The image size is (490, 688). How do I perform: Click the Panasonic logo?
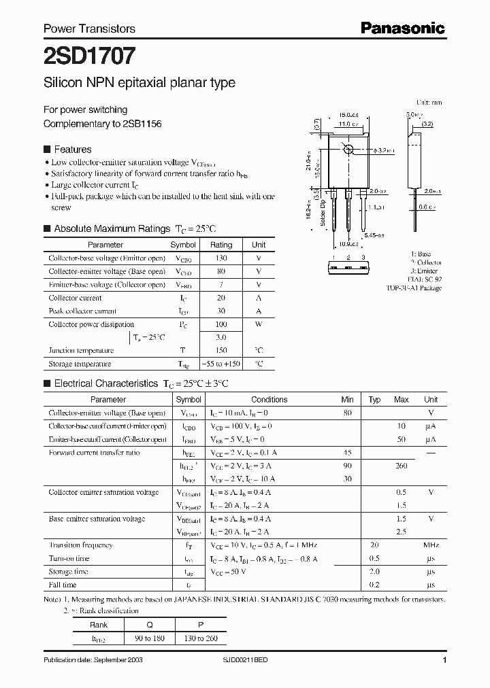pyautogui.click(x=402, y=28)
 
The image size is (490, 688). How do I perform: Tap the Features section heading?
pyautogui.click(x=72, y=150)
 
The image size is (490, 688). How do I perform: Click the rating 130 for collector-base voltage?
pyautogui.click(x=220, y=258)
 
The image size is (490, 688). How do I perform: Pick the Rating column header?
pyautogui.click(x=221, y=245)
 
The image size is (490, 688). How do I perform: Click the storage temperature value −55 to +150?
pyautogui.click(x=221, y=364)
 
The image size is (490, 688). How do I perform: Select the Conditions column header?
pyautogui.click(x=269, y=400)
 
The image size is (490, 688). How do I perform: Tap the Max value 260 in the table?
pyautogui.click(x=401, y=466)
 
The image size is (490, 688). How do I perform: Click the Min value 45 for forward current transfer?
pyautogui.click(x=347, y=453)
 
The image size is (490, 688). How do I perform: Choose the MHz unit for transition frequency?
pyautogui.click(x=430, y=545)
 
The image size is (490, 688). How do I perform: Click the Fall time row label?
pyautogui.click(x=63, y=585)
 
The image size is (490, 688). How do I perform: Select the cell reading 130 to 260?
pyautogui.click(x=200, y=639)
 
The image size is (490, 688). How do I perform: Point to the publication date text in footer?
pyautogui.click(x=93, y=660)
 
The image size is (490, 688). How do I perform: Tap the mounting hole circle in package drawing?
pyautogui.click(x=349, y=149)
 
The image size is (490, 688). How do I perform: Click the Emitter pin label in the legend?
pyautogui.click(x=426, y=271)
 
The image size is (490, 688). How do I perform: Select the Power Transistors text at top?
pyautogui.click(x=89, y=29)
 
